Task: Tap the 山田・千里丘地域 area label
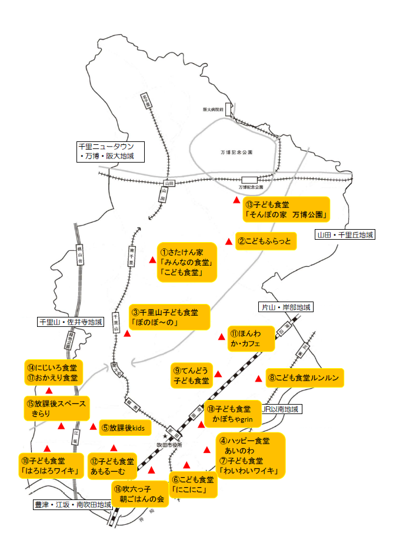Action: pyautogui.click(x=345, y=235)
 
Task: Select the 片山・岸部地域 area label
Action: pyautogui.click(x=286, y=307)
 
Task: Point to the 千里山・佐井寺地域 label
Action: pyautogui.click(x=71, y=322)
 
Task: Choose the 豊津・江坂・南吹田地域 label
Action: pyautogui.click(x=72, y=505)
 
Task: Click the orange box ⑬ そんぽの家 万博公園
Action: pyautogui.click(x=287, y=209)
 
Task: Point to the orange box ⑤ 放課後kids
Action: pyautogui.click(x=126, y=428)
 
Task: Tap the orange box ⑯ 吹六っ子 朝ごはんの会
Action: pyautogui.click(x=140, y=494)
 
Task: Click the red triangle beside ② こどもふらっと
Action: pyautogui.click(x=229, y=241)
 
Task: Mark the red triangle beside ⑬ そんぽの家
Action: pyautogui.click(x=237, y=201)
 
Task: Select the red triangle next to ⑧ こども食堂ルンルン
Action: pyautogui.click(x=258, y=378)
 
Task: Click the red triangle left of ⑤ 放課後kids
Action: pyautogui.click(x=93, y=426)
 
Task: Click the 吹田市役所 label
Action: pyautogui.click(x=169, y=445)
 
